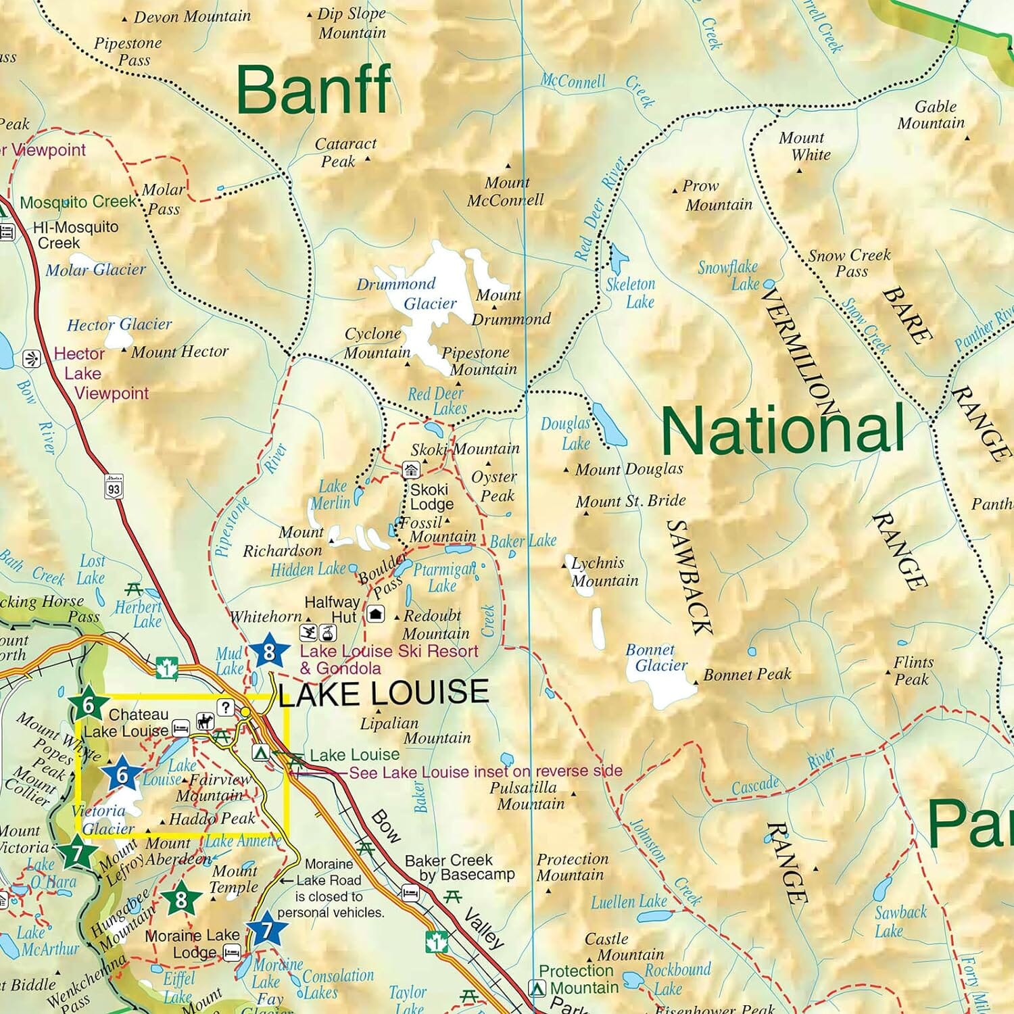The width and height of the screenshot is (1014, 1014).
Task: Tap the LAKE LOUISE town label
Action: click(x=383, y=693)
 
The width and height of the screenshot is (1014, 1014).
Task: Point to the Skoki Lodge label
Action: click(x=431, y=497)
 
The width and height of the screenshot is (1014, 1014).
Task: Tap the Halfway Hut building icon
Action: click(x=376, y=614)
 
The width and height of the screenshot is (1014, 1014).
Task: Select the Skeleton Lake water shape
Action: click(x=617, y=256)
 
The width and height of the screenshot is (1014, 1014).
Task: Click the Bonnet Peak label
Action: click(x=746, y=674)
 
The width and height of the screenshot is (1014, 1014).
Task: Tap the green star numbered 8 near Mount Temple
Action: click(x=180, y=899)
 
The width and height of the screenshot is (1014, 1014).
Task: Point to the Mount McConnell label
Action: click(x=506, y=191)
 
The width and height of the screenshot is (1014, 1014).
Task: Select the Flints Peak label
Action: click(x=913, y=671)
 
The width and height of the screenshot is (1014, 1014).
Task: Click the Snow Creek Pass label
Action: click(x=850, y=264)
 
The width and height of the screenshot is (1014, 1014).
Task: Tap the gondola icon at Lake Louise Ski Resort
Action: click(x=328, y=633)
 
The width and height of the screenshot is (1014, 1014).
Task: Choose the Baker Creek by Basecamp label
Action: click(x=460, y=867)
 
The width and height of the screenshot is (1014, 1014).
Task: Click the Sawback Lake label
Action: click(x=900, y=921)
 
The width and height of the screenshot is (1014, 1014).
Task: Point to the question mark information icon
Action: click(x=225, y=707)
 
